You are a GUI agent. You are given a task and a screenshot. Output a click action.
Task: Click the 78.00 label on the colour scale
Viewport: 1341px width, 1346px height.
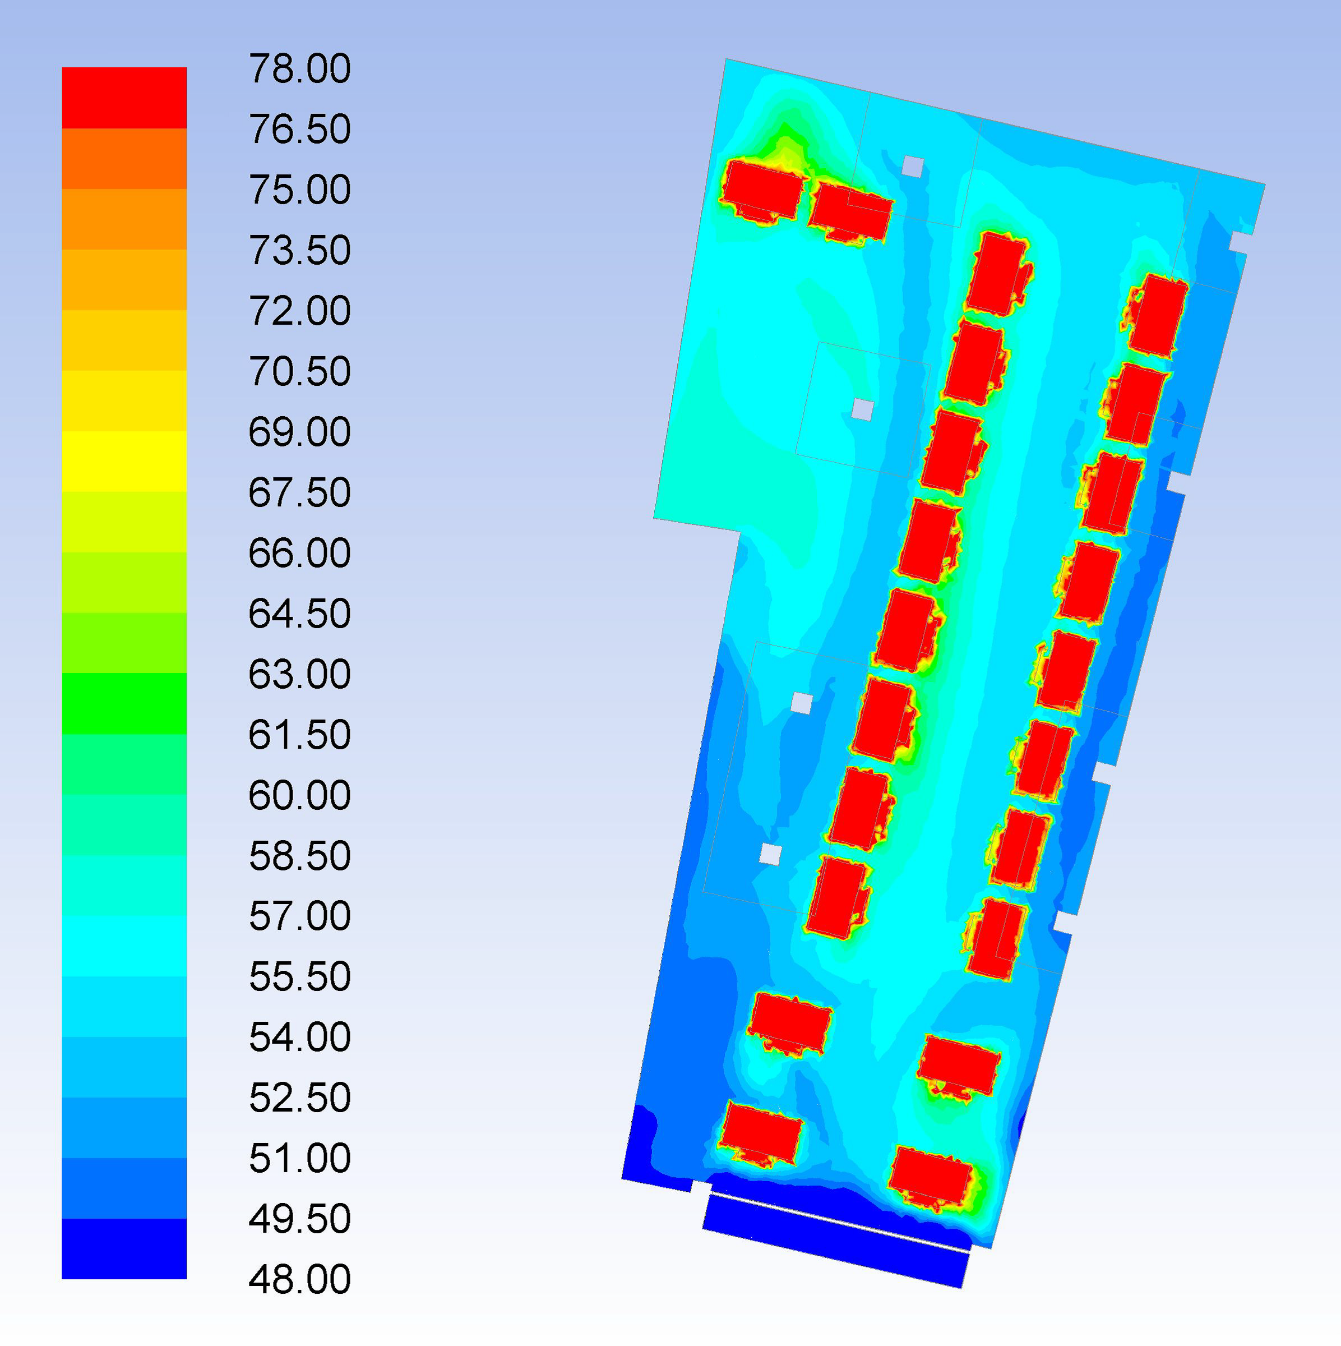pyautogui.click(x=299, y=69)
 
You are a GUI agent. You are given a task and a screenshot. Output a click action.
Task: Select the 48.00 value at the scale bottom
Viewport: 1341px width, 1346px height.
pyautogui.click(x=299, y=1279)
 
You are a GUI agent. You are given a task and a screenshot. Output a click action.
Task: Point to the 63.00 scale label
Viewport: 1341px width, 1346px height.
pyautogui.click(x=299, y=674)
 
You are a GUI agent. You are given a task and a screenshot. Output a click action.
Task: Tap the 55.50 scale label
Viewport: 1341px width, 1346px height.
pyautogui.click(x=299, y=977)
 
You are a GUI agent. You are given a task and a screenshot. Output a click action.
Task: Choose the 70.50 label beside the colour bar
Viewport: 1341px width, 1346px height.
pyautogui.click(x=299, y=371)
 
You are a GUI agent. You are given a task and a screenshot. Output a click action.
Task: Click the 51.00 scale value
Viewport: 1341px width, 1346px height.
pyautogui.click(x=299, y=1159)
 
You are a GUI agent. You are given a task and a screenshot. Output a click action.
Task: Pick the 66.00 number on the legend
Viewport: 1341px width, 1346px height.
pyautogui.click(x=299, y=553)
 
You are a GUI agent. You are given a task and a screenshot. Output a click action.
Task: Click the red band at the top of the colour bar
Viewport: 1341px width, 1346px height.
pyautogui.click(x=124, y=98)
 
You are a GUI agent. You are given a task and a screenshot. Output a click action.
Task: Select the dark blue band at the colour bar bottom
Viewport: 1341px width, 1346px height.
pyautogui.click(x=124, y=1248)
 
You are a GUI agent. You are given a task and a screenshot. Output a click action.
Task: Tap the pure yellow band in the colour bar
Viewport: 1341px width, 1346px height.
pyautogui.click(x=124, y=461)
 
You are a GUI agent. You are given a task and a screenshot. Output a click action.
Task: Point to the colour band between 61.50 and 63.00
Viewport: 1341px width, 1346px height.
pyautogui.click(x=124, y=704)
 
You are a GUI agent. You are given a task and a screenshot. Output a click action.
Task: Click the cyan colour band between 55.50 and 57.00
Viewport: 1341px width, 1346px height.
pyautogui.click(x=124, y=946)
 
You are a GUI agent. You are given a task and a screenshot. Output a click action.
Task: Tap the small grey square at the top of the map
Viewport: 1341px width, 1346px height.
pyautogui.click(x=913, y=167)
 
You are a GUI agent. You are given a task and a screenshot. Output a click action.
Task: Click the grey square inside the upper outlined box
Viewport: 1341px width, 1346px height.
pyautogui.click(x=863, y=409)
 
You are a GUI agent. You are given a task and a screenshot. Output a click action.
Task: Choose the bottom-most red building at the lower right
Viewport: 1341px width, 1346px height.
pyautogui.click(x=930, y=1177)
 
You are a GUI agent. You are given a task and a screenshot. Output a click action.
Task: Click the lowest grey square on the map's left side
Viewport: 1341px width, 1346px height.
pyautogui.click(x=770, y=854)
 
